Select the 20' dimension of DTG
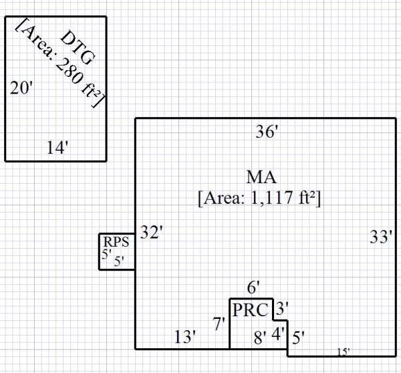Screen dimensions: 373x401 (21, 88)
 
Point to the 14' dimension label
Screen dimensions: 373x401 (59, 147)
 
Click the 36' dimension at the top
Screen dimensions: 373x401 (267, 132)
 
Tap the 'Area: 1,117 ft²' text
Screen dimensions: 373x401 (260, 199)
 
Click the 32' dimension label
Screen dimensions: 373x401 (152, 233)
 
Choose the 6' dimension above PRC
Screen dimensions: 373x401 (253, 288)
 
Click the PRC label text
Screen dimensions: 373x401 (250, 310)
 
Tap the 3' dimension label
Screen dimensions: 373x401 (282, 309)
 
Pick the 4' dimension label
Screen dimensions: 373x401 (277, 332)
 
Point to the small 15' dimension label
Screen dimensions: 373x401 (342, 351)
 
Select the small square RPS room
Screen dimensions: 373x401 (118, 251)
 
